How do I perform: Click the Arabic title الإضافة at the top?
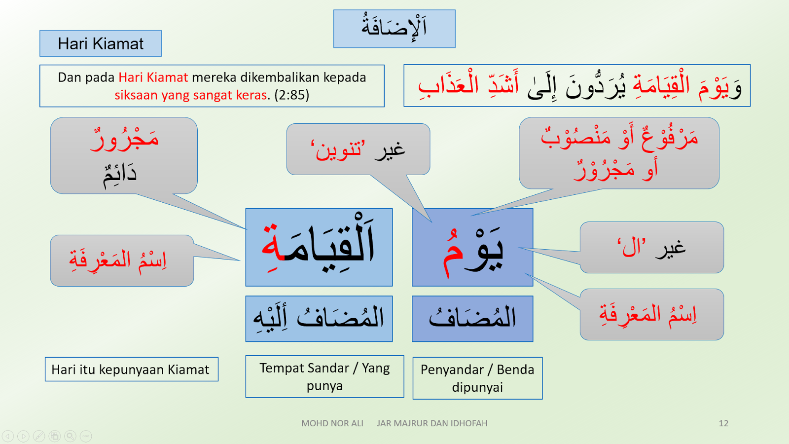pyautogui.click(x=394, y=28)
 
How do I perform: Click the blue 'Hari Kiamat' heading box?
pyautogui.click(x=101, y=43)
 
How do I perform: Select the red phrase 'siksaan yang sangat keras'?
pyautogui.click(x=191, y=95)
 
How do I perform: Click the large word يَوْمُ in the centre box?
pyautogui.click(x=472, y=249)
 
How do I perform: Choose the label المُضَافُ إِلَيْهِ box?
pyautogui.click(x=319, y=318)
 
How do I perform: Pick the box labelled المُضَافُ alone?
pyautogui.click(x=472, y=318)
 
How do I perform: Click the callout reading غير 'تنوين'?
pyautogui.click(x=358, y=149)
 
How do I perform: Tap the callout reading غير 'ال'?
pyautogui.click(x=651, y=247)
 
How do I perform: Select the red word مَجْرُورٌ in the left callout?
pyautogui.click(x=124, y=140)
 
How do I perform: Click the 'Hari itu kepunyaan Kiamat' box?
pyautogui.click(x=131, y=370)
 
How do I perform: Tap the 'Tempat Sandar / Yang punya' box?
pyautogui.click(x=324, y=376)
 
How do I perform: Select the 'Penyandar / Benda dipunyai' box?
pyautogui.click(x=477, y=378)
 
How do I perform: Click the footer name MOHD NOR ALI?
pyautogui.click(x=332, y=423)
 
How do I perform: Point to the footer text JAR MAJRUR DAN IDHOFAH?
pyautogui.click(x=432, y=423)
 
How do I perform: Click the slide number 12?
pyautogui.click(x=723, y=423)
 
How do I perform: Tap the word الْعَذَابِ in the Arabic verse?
pyautogui.click(x=449, y=85)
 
